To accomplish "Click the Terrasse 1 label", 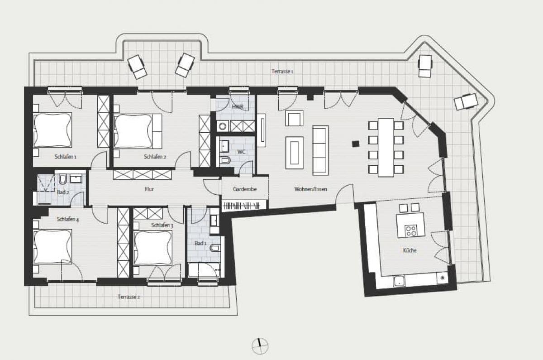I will pos(282,72).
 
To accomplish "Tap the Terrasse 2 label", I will pos(129,297).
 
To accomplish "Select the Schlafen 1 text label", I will pos(66,157).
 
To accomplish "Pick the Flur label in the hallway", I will pos(150,189).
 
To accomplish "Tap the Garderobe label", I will pos(245,189).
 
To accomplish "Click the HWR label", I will pos(238,107).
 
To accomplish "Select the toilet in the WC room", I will pos(225,159).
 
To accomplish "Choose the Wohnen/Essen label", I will pos(310,189).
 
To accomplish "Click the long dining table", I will pos(386,147).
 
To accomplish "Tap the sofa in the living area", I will pos(320,150).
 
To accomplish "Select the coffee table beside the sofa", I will pos(294,153).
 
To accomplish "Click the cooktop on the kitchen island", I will pos(411,230).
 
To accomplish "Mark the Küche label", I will pos(410,250).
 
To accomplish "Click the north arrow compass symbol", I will pos(260,346).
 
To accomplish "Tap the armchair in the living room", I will pos(294,119).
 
